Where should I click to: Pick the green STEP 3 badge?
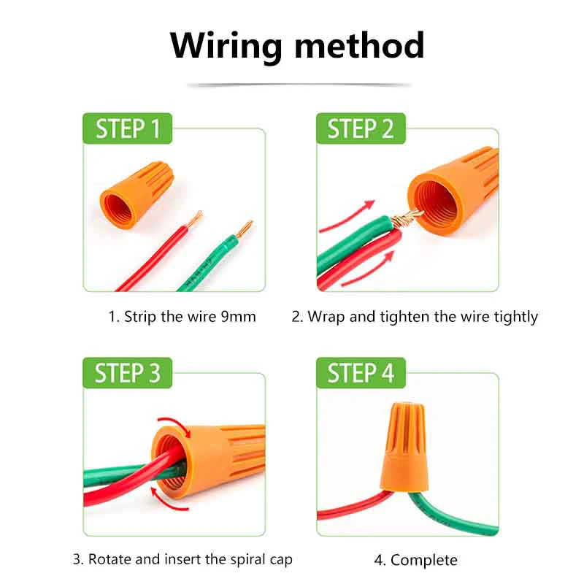pyautogui.click(x=128, y=373)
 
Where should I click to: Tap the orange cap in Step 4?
pyautogui.click(x=402, y=448)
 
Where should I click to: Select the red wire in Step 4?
pyautogui.click(x=346, y=505)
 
